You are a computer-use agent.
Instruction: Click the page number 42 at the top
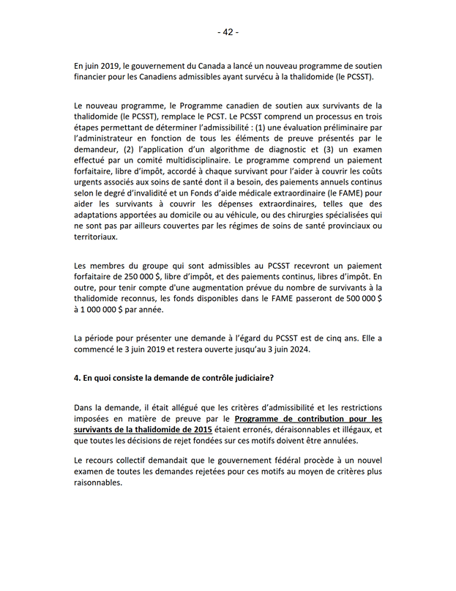point(228,32)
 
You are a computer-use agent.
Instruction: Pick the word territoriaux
point(97,237)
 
